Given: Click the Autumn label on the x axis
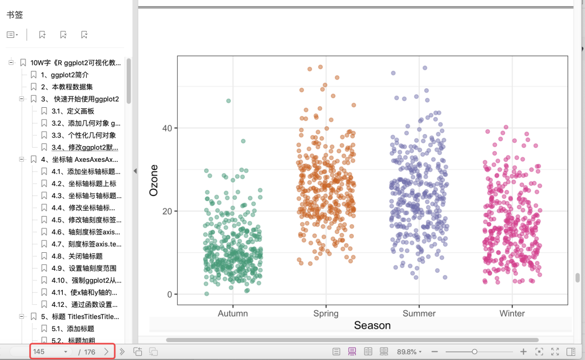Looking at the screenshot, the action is pyautogui.click(x=233, y=313).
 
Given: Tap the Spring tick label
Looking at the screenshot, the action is pyautogui.click(x=326, y=314).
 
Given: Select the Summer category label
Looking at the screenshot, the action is pyautogui.click(x=419, y=313).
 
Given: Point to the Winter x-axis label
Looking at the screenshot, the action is pyautogui.click(x=512, y=313).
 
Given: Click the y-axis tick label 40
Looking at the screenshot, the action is pyautogui.click(x=167, y=128).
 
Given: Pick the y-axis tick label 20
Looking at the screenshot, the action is pyautogui.click(x=167, y=211).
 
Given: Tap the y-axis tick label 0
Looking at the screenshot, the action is pyautogui.click(x=170, y=294).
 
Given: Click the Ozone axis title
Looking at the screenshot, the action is pyautogui.click(x=154, y=181).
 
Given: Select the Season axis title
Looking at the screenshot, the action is pyautogui.click(x=372, y=325).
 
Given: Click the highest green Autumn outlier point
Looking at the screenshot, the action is pyautogui.click(x=229, y=101).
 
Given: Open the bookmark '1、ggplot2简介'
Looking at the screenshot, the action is pyautogui.click(x=64, y=75).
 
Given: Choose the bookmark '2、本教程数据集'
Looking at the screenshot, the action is pyautogui.click(x=67, y=87).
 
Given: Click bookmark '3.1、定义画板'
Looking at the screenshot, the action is pyautogui.click(x=73, y=111).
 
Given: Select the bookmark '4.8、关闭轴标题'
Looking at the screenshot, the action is pyautogui.click(x=77, y=256).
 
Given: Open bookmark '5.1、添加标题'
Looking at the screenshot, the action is pyautogui.click(x=73, y=329).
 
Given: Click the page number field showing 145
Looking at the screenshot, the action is pyautogui.click(x=49, y=352).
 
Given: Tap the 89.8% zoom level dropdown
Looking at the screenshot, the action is pyautogui.click(x=409, y=352).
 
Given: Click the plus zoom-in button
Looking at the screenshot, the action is pyautogui.click(x=523, y=351).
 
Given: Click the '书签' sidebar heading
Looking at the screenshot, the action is pyautogui.click(x=15, y=15).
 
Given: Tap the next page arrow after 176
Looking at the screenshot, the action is pyautogui.click(x=106, y=351).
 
